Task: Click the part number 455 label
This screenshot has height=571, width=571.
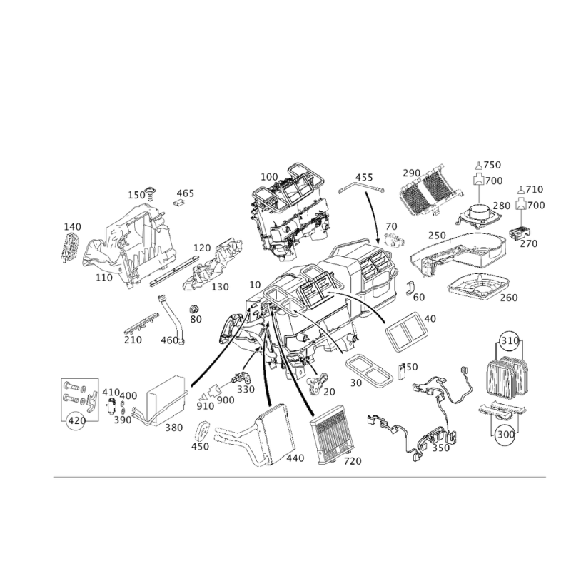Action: [x=364, y=177]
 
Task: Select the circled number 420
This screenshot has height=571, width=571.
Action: [x=77, y=421]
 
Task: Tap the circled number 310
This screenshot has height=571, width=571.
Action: [x=510, y=341]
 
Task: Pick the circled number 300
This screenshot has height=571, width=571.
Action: [x=506, y=434]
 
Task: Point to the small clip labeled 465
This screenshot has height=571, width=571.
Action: [x=179, y=203]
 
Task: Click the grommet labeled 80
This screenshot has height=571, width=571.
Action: [x=194, y=309]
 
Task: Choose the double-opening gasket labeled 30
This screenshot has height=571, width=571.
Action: [x=368, y=370]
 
